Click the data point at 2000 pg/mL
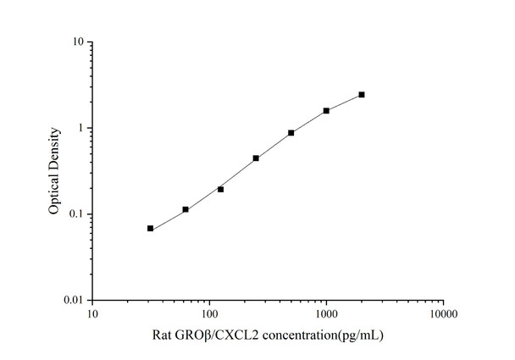point(362,95)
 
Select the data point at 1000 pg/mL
point(326,111)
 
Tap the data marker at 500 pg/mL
point(291,133)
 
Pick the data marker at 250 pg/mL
point(256,158)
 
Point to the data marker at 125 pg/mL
point(220,189)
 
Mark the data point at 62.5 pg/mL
point(186,209)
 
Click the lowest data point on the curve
point(150,229)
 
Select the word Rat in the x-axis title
point(161,335)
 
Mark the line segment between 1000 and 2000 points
point(344,102)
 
